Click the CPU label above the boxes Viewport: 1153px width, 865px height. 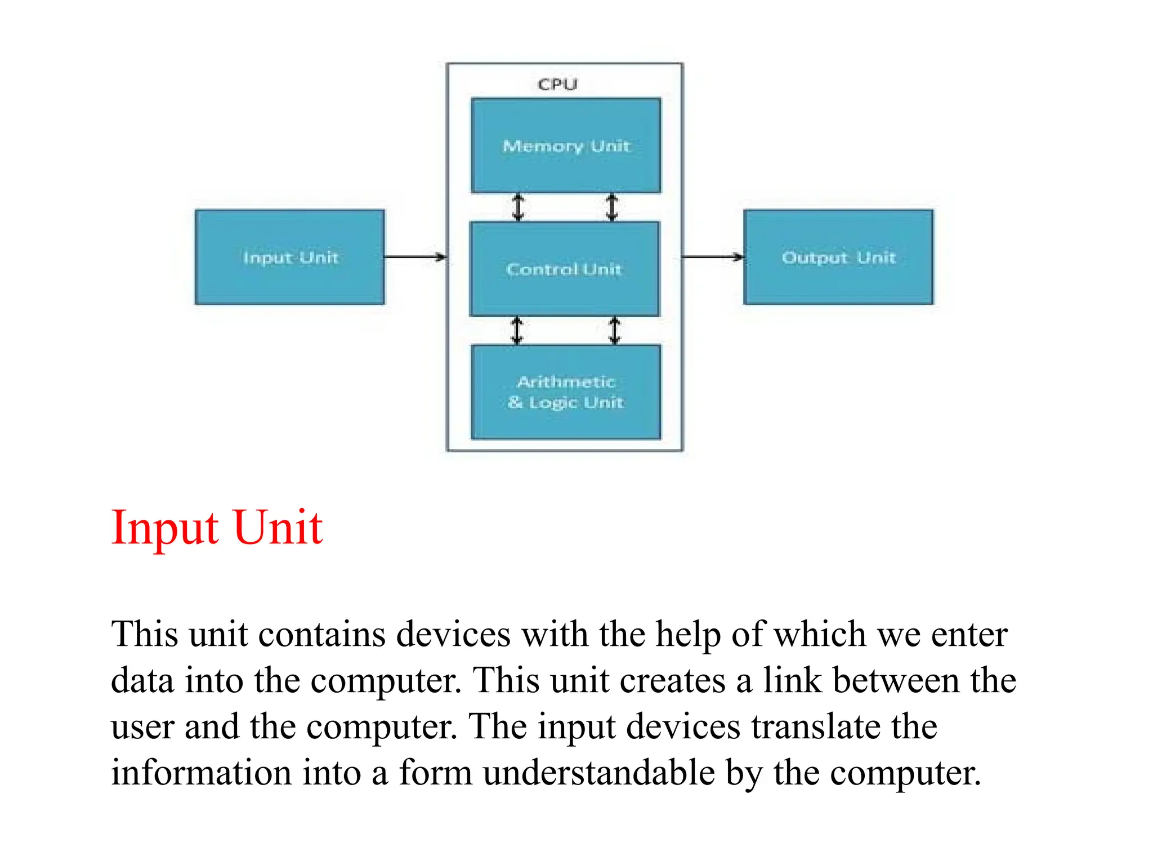coord(557,84)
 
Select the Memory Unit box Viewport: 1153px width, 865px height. coord(566,145)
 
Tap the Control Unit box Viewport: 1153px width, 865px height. coord(564,269)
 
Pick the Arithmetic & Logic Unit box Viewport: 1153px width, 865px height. coord(566,392)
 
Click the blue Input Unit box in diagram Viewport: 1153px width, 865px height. coord(290,257)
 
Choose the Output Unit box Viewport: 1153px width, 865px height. coord(838,257)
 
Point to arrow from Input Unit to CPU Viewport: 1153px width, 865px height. coord(415,257)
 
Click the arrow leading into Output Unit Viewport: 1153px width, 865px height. coord(713,257)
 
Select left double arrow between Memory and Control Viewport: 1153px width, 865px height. coord(518,207)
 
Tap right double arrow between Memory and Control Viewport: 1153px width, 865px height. coord(612,207)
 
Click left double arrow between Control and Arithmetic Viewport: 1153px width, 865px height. coord(517,331)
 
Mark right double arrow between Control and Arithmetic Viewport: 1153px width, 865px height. coord(615,331)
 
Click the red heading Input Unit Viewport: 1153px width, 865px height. coord(217,528)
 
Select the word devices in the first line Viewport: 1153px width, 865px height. coord(453,635)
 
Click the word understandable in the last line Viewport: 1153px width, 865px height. coord(598,773)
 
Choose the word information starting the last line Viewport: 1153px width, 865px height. coord(201,773)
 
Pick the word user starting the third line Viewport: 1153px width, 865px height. coord(142,728)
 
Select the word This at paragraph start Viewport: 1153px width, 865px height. coord(145,635)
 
